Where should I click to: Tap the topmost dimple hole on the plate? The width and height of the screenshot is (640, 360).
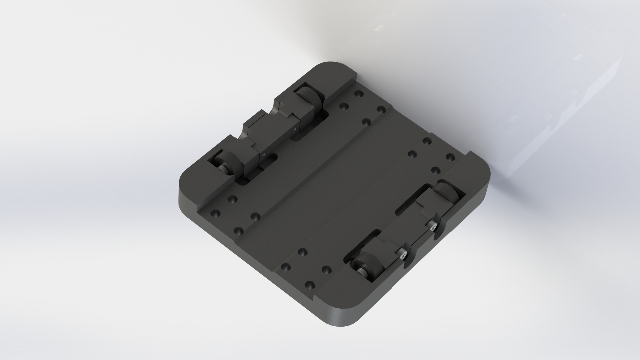click(359, 94)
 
